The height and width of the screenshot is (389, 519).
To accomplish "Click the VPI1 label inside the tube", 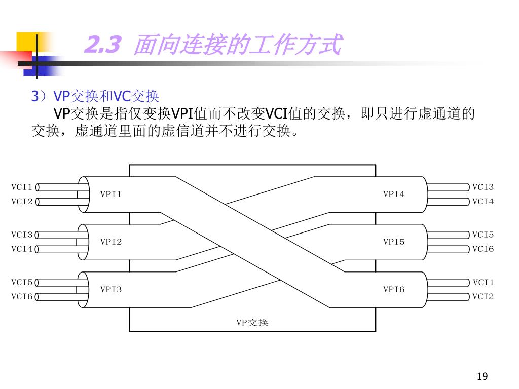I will (110, 194).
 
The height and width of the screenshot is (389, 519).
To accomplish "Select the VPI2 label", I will (110, 242).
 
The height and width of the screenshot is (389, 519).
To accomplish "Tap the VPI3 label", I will (110, 289).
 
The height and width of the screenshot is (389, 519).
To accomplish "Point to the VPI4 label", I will (394, 194).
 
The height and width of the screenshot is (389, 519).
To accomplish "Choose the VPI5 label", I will (394, 242).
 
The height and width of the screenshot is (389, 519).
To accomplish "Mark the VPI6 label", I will (394, 289).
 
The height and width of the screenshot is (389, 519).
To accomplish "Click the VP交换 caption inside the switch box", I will (252, 322).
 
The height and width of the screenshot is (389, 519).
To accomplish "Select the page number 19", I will (482, 376).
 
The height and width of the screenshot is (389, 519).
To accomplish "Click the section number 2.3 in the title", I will (103, 46).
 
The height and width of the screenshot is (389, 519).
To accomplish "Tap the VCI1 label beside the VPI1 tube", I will (22, 187).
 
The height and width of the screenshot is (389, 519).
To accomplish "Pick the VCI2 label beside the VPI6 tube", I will (483, 296).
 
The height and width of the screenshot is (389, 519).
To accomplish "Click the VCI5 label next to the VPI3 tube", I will (22, 282).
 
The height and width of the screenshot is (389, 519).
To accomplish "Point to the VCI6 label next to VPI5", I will (483, 249).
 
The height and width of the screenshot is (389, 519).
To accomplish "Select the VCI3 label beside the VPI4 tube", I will (483, 187).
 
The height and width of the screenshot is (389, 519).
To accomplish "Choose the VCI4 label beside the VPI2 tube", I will (22, 249).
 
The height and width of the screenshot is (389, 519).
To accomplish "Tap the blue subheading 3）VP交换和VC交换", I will (95, 96).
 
